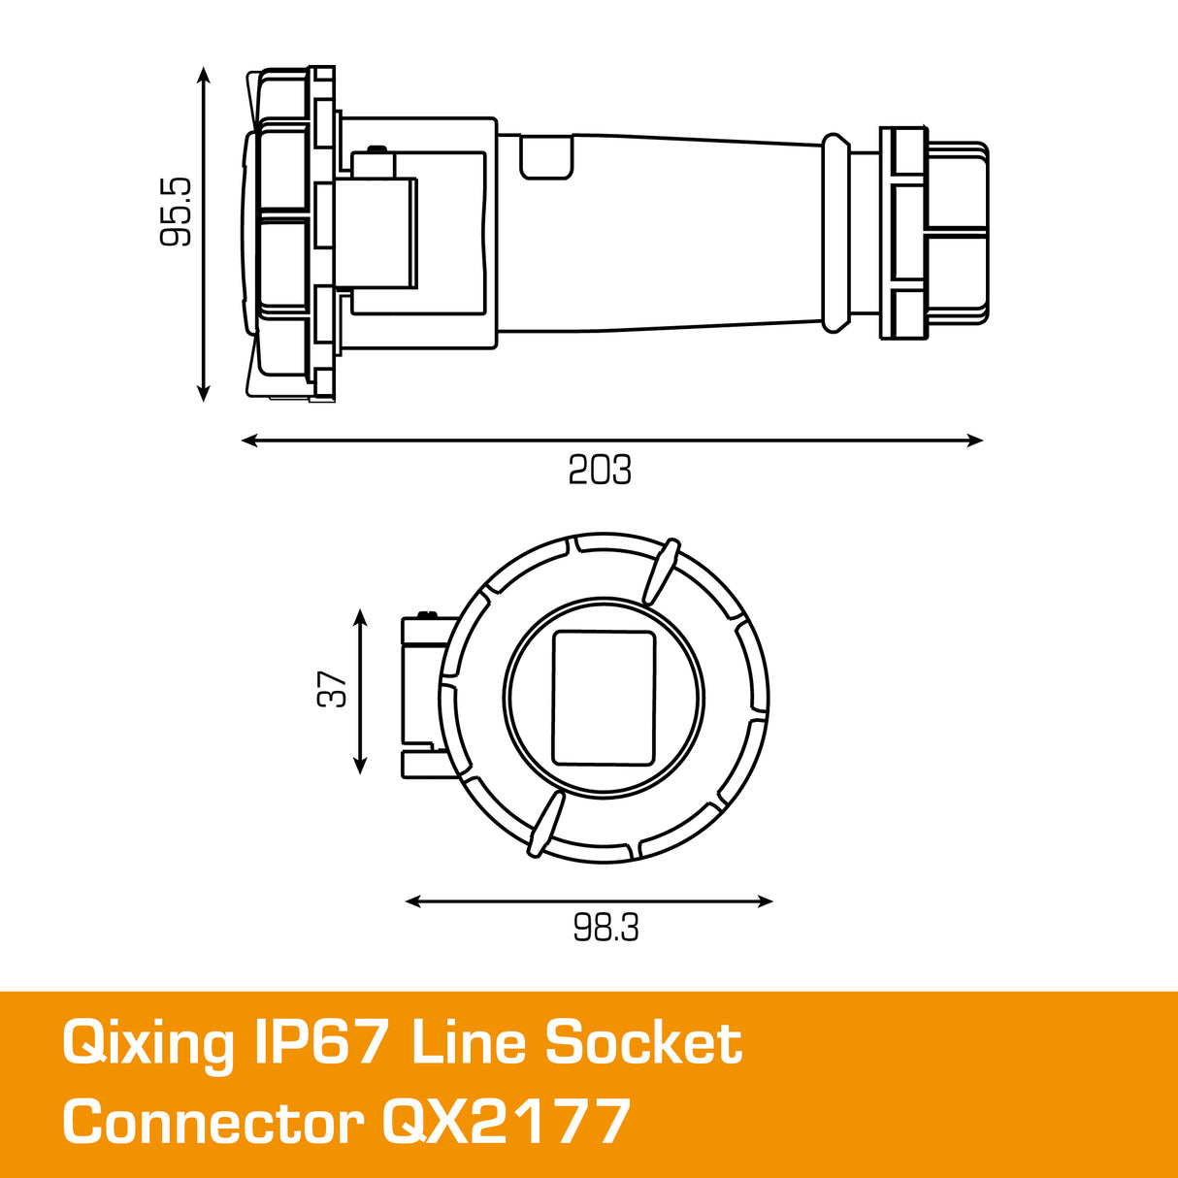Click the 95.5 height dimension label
[x=177, y=212]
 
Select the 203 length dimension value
[x=600, y=470]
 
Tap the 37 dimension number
[x=333, y=689]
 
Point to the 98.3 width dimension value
[x=605, y=929]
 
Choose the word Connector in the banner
[x=213, y=1123]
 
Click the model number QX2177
[x=506, y=1123]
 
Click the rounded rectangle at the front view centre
[x=604, y=699]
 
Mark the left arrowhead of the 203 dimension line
[x=248, y=441]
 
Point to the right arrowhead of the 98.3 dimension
[x=766, y=901]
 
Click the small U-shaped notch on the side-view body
[x=546, y=158]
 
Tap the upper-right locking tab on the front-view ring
[x=659, y=570]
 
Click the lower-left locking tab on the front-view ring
[x=545, y=824]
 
